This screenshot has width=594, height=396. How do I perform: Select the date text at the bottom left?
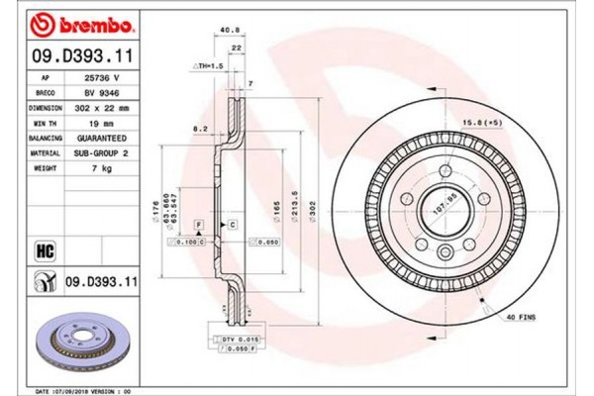click(92, 390)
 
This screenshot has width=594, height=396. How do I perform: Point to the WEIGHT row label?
click(47, 169)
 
